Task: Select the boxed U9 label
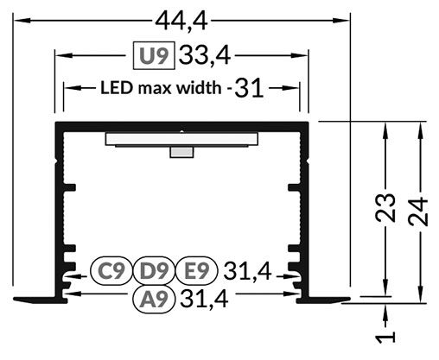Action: tap(155, 56)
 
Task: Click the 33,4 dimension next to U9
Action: tap(204, 56)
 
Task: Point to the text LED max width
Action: tap(158, 87)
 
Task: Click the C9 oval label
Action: tap(111, 272)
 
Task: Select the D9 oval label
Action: tap(154, 272)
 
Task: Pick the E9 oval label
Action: tap(195, 272)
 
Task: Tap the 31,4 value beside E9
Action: tap(247, 272)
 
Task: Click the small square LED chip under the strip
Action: tap(181, 153)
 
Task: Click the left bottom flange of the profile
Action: tap(39, 300)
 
